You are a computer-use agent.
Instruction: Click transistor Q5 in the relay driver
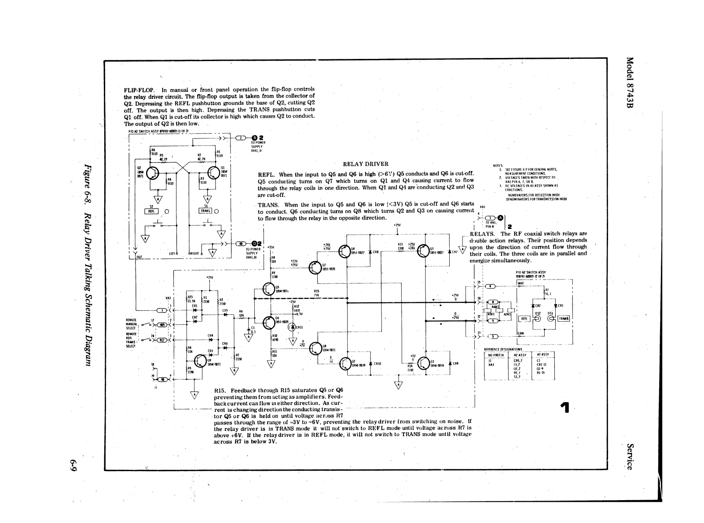269,288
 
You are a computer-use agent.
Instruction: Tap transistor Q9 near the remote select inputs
202,362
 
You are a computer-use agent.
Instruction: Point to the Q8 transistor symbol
316,349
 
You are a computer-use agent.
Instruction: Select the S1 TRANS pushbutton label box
205,211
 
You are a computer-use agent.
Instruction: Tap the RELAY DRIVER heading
366,164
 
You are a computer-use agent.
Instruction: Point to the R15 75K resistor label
316,293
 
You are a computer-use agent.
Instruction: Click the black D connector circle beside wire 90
253,244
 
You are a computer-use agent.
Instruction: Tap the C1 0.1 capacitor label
253,330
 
